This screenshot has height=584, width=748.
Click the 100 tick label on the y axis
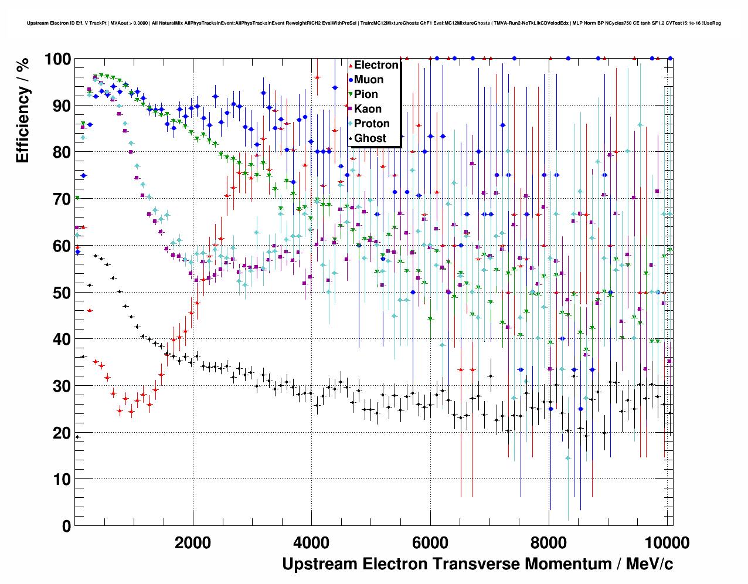tap(57, 59)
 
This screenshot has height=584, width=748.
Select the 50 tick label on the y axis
tap(62, 293)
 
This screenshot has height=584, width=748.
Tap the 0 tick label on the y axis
tap(66, 526)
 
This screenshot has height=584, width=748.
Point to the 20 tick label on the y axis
tap(62, 433)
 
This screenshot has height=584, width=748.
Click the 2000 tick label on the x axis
tap(193, 542)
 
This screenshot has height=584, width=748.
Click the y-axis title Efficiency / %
tap(23, 110)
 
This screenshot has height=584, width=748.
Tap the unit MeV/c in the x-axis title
tap(650, 564)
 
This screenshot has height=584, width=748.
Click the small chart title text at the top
tap(373, 23)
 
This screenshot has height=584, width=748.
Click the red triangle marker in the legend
tap(351, 65)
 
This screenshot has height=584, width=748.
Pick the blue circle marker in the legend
tap(351, 80)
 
